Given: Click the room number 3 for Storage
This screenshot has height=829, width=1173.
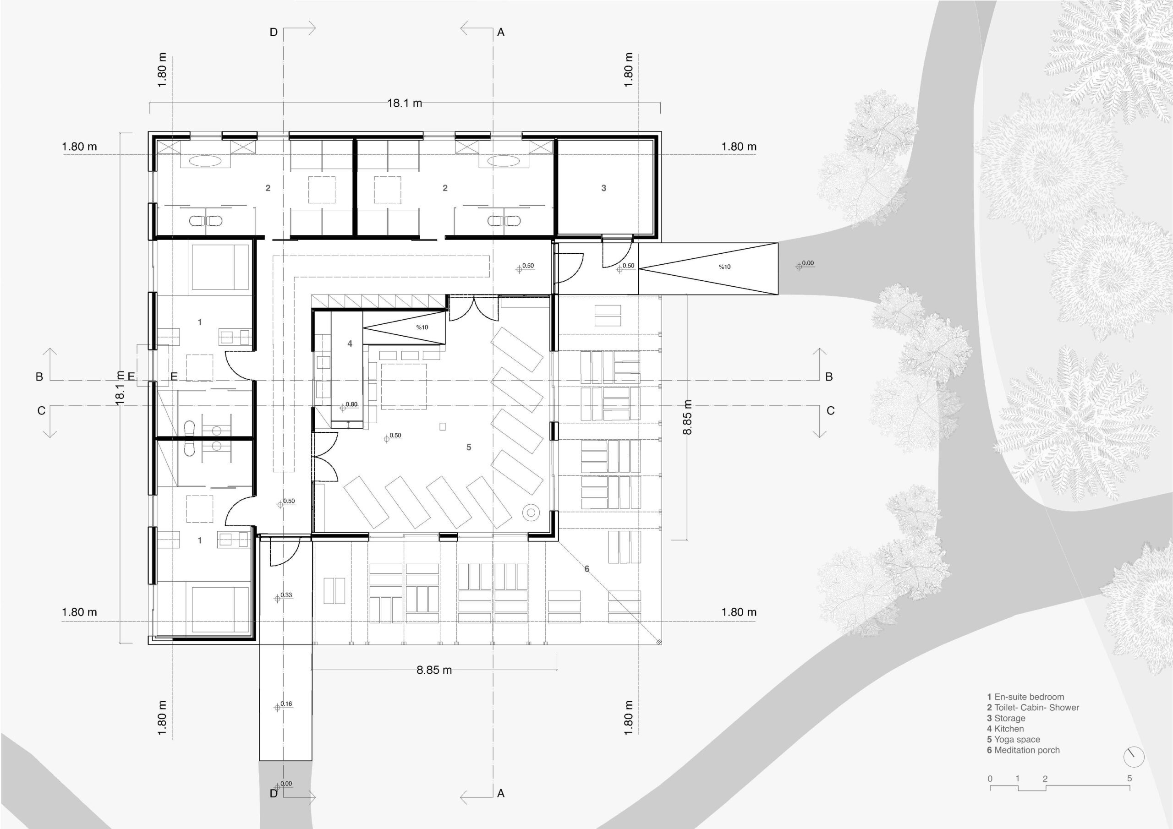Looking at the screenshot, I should [x=603, y=188].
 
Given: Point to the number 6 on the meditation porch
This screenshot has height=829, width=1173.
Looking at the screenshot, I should [x=586, y=569].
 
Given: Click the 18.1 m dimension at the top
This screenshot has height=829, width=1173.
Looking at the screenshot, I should [x=404, y=103].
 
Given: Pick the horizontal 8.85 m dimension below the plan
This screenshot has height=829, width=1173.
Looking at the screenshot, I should [x=434, y=670].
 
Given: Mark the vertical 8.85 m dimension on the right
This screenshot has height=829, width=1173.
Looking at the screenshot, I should [x=688, y=417].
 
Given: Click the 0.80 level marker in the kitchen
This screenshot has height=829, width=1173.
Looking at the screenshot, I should [x=351, y=404].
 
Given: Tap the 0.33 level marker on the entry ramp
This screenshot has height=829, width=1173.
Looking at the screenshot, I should [x=285, y=595].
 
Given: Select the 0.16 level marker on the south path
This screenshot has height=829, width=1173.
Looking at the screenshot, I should [x=285, y=704].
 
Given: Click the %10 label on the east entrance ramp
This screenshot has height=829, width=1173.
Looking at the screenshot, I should [x=724, y=267].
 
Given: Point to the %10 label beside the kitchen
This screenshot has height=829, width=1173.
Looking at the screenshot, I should [x=422, y=327].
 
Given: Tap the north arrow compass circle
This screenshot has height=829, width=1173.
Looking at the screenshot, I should [x=1134, y=758].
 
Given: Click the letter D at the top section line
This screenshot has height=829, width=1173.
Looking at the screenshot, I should [x=274, y=32].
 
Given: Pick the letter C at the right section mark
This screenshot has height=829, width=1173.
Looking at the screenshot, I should [x=830, y=411].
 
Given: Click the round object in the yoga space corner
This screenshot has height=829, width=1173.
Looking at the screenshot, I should [x=531, y=513].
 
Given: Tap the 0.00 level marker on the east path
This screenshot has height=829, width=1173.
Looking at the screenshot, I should [x=807, y=263].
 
